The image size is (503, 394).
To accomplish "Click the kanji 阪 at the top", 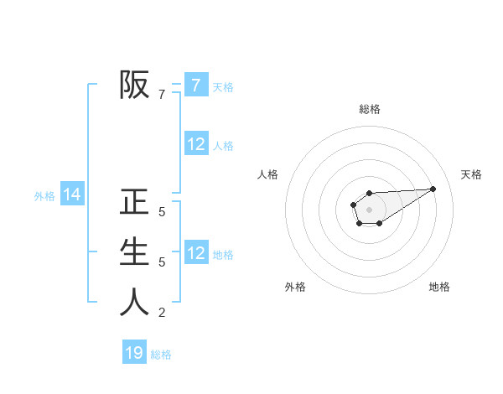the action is (x=135, y=84).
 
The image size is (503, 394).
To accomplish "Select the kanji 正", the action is (x=135, y=202).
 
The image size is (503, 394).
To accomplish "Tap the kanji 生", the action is (x=135, y=251).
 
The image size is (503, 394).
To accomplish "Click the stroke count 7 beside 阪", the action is (x=162, y=95).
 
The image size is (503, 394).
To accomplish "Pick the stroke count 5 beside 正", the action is (x=162, y=212).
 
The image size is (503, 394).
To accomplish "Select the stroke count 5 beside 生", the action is (x=162, y=262).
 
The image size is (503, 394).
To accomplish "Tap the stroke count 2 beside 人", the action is (x=162, y=313).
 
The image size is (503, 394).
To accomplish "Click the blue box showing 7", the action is (x=196, y=85).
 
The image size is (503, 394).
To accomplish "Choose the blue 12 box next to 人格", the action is (x=196, y=144).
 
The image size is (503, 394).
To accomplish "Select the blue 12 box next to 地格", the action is (x=196, y=252).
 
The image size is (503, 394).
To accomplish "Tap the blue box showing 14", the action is (x=72, y=194).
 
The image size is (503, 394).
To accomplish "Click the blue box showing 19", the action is (x=134, y=353).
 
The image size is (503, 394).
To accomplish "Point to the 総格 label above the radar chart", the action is (x=370, y=109).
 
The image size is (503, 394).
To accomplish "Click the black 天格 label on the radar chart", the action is (x=471, y=174).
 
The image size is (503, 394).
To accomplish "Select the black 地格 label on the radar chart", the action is (x=439, y=288).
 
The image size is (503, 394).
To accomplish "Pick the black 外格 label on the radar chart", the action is (x=295, y=288).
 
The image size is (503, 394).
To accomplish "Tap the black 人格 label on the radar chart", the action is (x=268, y=174).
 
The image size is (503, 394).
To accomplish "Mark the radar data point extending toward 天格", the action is (x=433, y=189).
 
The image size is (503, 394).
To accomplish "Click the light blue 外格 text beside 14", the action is (x=44, y=196).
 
